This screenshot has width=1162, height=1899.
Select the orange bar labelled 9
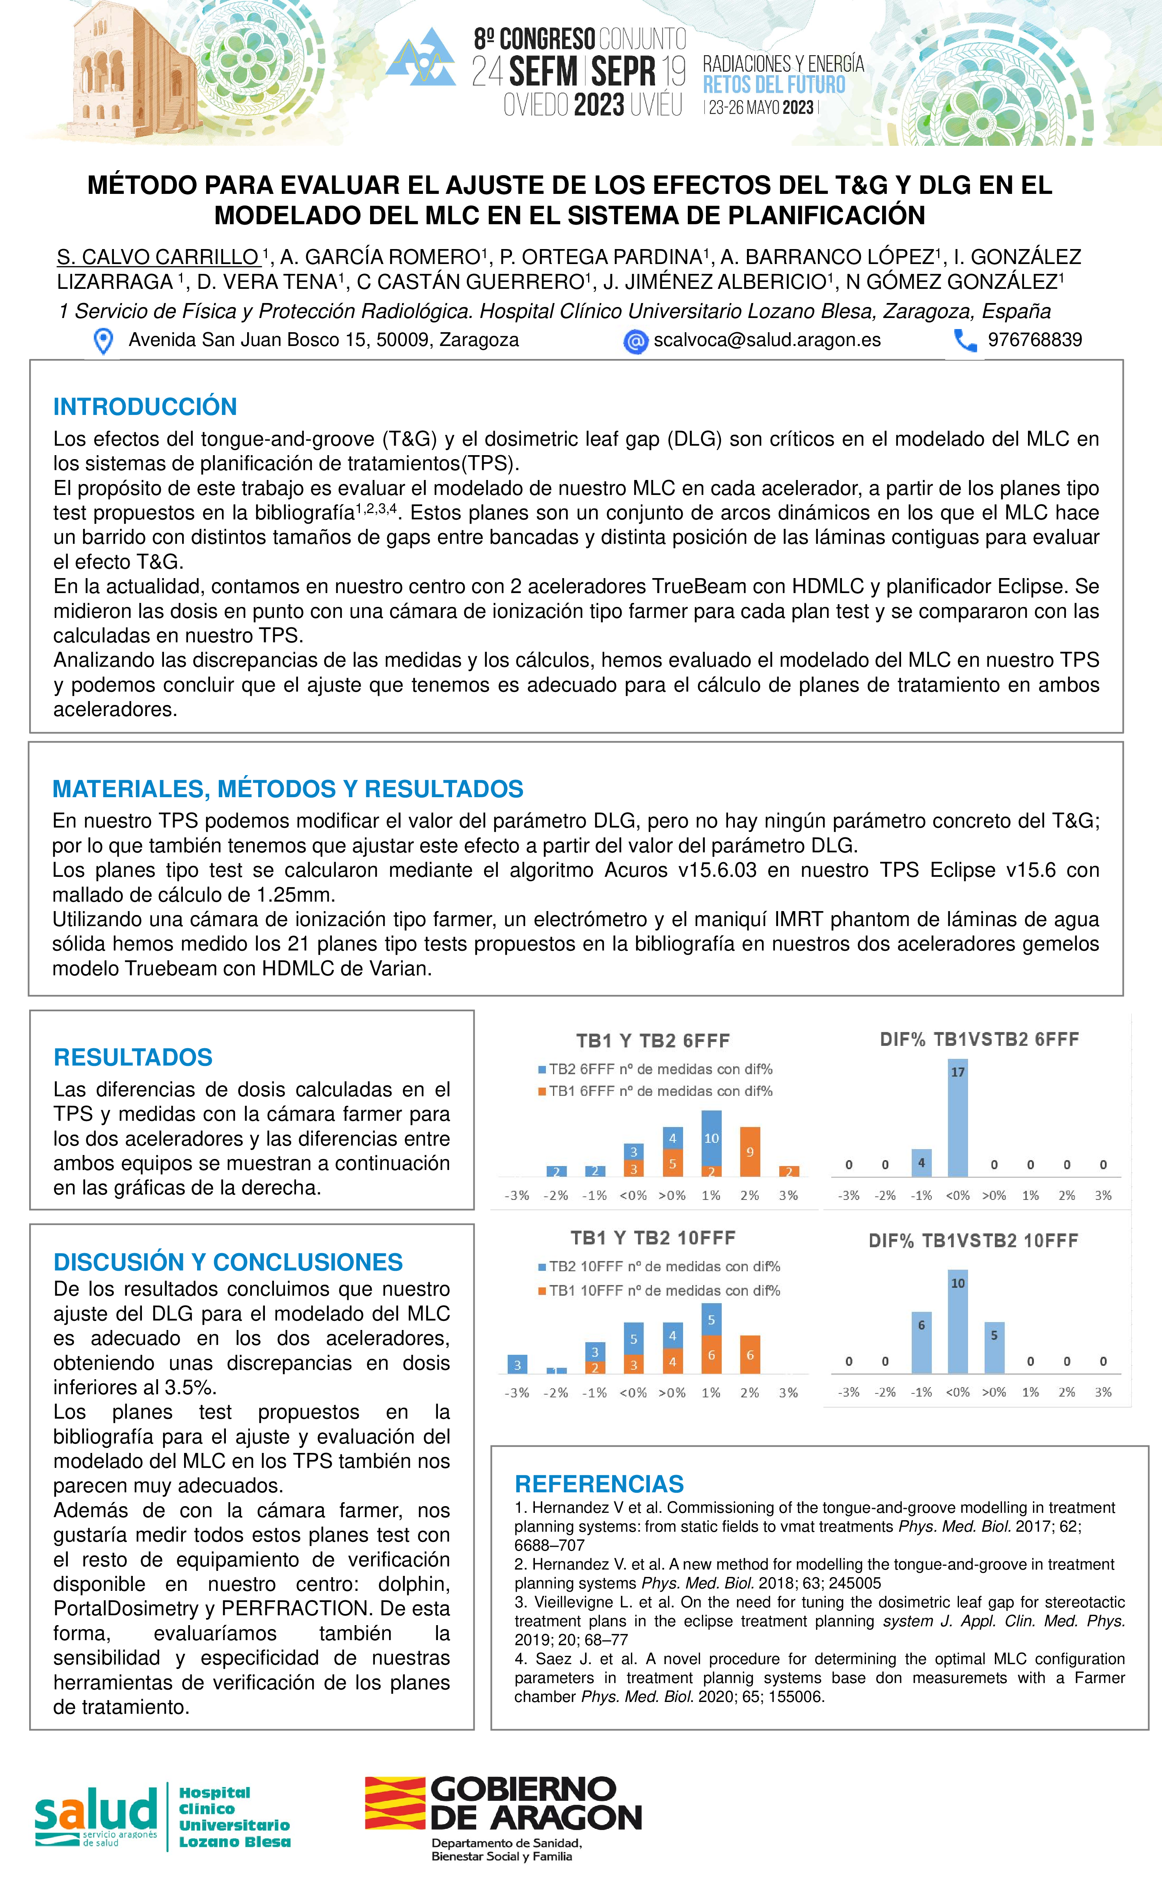coord(749,1151)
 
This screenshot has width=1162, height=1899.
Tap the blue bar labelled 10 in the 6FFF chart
coord(711,1138)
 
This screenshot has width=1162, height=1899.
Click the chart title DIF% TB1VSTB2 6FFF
coord(979,1039)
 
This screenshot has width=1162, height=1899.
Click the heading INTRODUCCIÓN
coord(145,406)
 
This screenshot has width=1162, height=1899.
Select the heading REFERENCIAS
coord(599,1484)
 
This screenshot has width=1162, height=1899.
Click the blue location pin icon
coord(102,340)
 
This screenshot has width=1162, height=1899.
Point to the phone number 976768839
coord(1035,340)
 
